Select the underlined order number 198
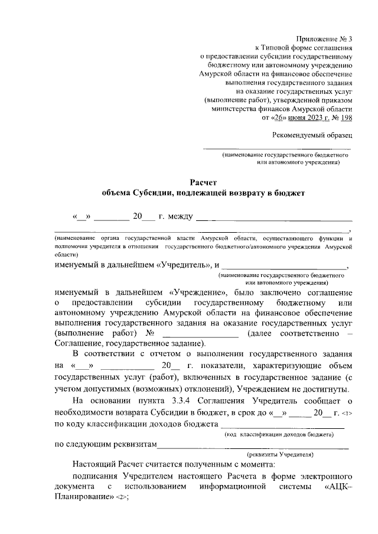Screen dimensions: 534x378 click(346, 118)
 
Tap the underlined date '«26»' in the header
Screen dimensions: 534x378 click(281, 118)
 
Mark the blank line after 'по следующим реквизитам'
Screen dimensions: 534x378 click(254, 447)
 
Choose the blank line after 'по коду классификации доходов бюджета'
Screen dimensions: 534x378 click(282, 425)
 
